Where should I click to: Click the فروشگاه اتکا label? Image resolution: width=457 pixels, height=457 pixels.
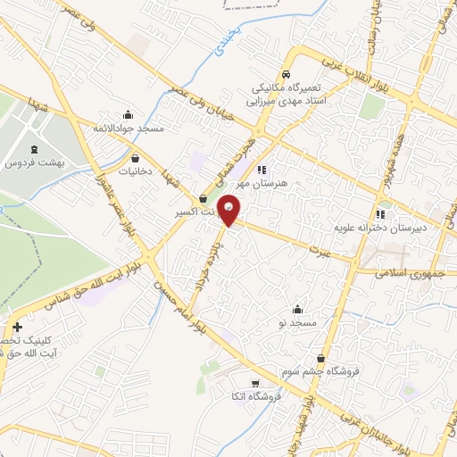[256, 395]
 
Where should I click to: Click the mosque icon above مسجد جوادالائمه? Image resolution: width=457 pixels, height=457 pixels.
[129, 114]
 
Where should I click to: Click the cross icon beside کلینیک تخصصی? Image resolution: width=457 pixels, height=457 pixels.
[18, 327]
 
